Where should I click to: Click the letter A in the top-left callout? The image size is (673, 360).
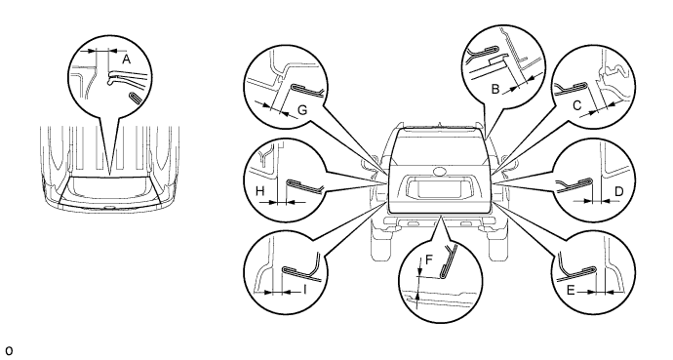126,60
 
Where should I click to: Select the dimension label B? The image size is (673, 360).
495,89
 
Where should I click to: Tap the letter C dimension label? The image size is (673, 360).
577,105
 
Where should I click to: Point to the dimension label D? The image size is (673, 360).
618,191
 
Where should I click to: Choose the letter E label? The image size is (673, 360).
571,291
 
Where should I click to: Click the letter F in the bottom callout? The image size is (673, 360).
429,260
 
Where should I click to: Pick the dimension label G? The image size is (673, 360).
302,110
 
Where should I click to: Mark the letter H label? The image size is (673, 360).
259,191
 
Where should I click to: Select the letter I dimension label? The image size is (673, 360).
304,290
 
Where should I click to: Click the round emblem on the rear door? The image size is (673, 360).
440,171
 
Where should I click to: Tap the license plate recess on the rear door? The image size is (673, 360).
439,189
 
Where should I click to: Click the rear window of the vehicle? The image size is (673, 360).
439,143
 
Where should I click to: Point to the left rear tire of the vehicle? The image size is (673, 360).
380,242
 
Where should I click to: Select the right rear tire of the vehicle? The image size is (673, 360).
498,242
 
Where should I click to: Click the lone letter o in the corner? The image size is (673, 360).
9,350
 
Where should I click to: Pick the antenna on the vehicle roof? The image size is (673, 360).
440,125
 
